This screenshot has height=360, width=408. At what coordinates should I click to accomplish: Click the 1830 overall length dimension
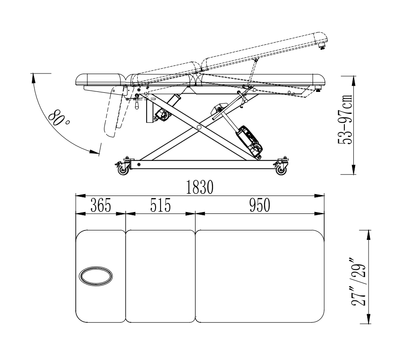(200, 187)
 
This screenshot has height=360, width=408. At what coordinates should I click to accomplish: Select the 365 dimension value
(101, 205)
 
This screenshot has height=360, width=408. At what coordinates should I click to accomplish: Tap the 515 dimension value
(161, 205)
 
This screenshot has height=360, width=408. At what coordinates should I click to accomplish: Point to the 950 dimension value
(260, 205)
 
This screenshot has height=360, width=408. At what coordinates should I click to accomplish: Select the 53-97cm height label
(345, 119)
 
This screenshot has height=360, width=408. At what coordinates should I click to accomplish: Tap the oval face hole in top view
(96, 276)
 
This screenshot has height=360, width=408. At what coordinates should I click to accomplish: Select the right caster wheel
(281, 171)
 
